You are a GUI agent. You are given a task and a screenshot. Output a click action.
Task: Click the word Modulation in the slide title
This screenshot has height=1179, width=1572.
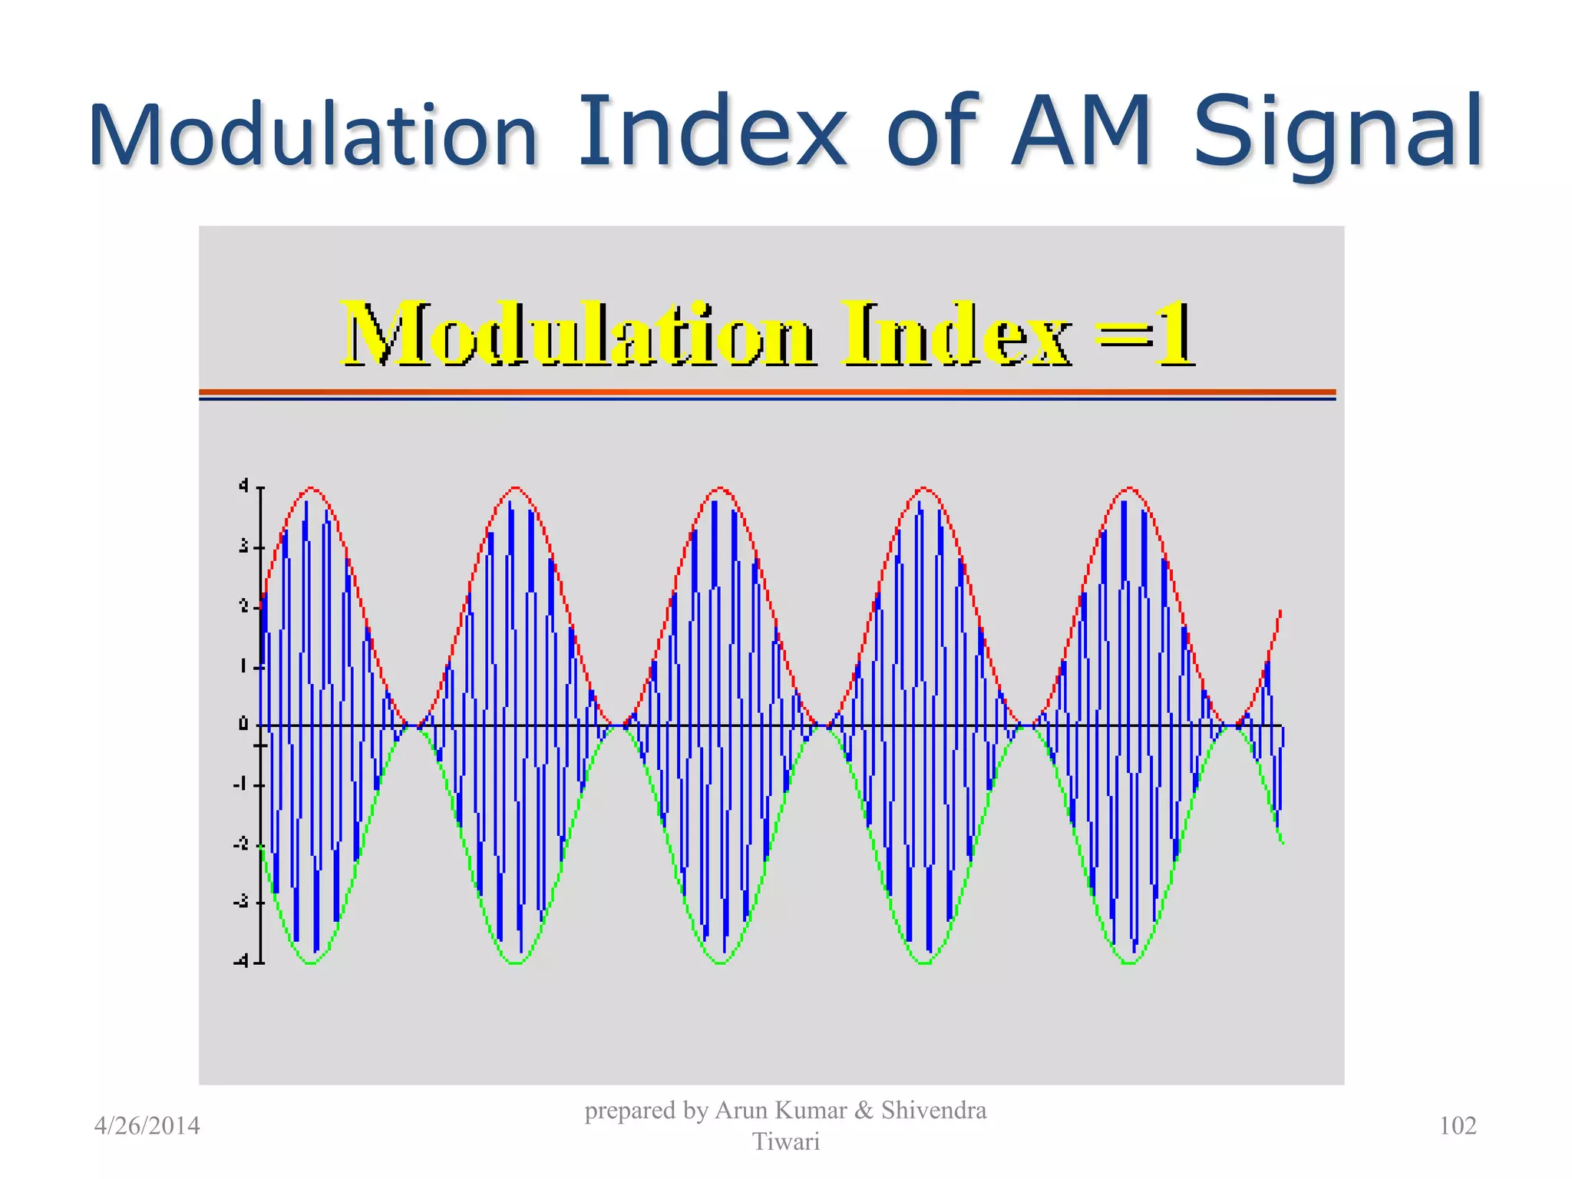pos(313,135)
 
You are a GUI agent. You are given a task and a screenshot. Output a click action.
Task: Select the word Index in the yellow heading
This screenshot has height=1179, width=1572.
pos(955,335)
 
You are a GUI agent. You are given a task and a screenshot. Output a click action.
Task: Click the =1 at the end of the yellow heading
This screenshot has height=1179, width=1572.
pos(1145,335)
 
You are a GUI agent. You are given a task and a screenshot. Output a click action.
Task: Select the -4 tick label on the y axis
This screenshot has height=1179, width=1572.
pos(241,961)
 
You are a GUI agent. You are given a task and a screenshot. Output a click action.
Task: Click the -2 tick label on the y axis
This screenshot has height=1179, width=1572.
pos(241,844)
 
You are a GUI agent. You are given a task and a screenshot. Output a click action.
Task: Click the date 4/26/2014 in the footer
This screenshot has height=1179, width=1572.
pos(147,1126)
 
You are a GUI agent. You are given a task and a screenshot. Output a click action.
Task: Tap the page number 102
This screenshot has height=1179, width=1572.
pos(1457,1126)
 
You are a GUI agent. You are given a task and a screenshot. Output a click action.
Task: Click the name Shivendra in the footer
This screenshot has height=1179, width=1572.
pos(933,1111)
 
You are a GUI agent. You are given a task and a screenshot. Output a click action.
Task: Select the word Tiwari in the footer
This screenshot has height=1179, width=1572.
pos(786,1142)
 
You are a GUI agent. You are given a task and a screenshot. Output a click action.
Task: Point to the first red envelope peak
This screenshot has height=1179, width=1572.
pos(311,488)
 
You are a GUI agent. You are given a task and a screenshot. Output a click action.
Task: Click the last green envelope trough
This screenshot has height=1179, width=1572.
pos(1129,963)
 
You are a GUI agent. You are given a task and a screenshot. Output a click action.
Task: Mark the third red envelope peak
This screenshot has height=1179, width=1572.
pos(720,488)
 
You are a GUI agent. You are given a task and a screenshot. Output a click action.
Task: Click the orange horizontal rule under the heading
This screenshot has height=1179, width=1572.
pos(768,392)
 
